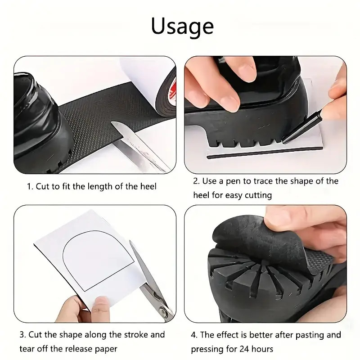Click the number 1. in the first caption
[x=30, y=186]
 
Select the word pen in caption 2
[x=240, y=181]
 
